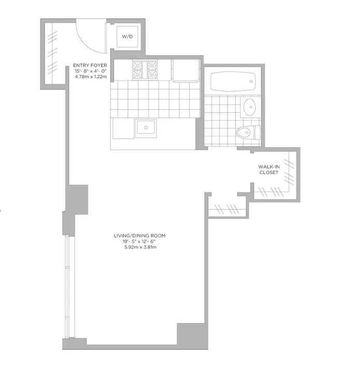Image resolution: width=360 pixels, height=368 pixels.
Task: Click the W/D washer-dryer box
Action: pyautogui.click(x=127, y=37)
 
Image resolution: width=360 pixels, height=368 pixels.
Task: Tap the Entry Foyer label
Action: pyautogui.click(x=90, y=65)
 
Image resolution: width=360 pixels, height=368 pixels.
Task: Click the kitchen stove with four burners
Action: pyautogui.click(x=146, y=70)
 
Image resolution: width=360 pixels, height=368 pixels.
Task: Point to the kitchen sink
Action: pyautogui.click(x=146, y=127)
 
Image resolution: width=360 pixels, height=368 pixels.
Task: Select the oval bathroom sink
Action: pyautogui.click(x=250, y=108)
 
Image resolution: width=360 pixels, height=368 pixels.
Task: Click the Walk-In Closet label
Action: pyautogui.click(x=269, y=169)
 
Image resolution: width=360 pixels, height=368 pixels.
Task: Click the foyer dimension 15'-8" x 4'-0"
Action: pyautogui.click(x=90, y=71)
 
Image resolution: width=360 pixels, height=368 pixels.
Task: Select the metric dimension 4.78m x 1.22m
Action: pyautogui.click(x=90, y=77)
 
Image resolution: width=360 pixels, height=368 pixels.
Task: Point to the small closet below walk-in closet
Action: pyautogui.click(x=227, y=210)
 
